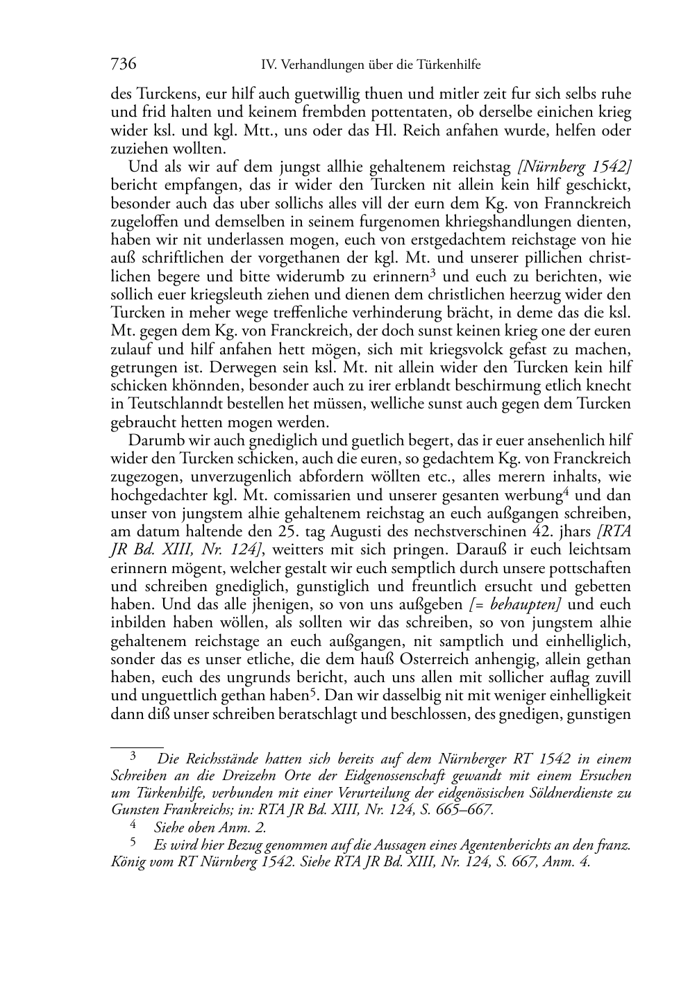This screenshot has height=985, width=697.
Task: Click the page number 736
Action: coord(124,65)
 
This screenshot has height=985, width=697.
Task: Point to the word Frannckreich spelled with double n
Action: coord(589,204)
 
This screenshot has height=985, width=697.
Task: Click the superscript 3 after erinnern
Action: coord(432,272)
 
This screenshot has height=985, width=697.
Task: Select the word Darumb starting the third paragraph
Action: coord(153,440)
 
